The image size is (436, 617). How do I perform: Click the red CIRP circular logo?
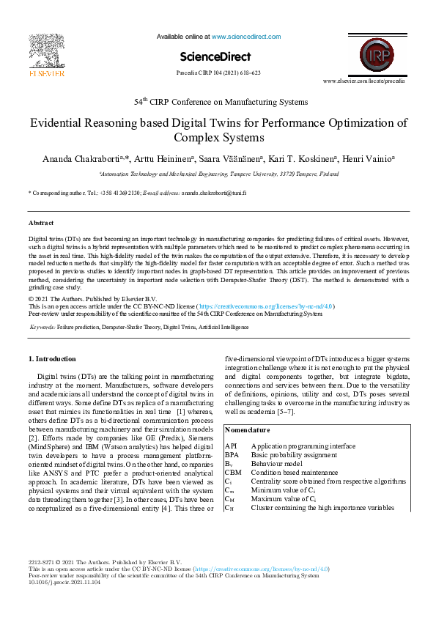379,55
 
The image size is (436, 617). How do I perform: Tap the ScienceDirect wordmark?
215,56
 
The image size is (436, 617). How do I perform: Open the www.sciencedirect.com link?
245,36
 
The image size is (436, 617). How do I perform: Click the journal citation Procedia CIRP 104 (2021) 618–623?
218,74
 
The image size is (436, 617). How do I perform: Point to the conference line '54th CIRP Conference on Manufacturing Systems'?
220,102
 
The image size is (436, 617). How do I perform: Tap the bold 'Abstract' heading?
41,222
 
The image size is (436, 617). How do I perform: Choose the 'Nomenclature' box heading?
248,430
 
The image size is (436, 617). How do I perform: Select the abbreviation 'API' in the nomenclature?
231,446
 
